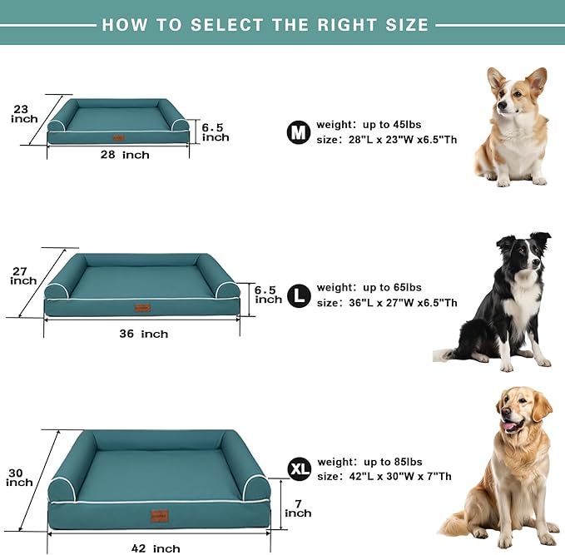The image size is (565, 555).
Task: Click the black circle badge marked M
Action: [298, 132]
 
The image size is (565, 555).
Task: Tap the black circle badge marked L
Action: [299, 295]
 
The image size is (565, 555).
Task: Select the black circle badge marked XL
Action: [299, 469]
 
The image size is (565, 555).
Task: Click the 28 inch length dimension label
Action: [124, 155]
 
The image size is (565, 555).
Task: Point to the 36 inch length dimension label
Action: [142, 334]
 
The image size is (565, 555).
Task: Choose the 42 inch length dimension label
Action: [155, 548]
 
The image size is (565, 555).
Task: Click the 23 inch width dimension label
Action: [24, 113]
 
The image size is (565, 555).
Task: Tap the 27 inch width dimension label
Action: [23, 275]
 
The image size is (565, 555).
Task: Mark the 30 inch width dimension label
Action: [20, 478]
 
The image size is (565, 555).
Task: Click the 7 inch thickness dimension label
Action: [298, 508]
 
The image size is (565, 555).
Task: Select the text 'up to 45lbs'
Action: [392, 125]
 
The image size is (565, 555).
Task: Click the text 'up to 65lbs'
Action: [392, 287]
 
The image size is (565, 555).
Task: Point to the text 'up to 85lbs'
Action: [392, 462]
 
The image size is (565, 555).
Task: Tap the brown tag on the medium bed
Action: [119, 137]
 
